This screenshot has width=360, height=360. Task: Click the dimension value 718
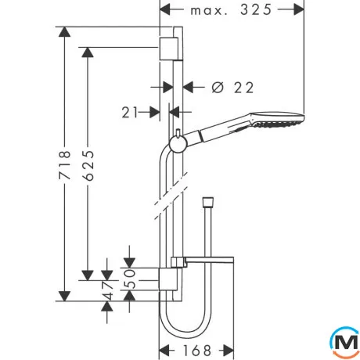(65, 164)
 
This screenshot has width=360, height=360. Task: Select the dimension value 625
(88, 165)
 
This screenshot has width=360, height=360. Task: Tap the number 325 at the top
(256, 10)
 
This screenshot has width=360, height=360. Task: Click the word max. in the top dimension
(209, 11)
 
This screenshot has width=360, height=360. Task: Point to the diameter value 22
(243, 88)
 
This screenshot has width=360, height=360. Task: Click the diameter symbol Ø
(218, 88)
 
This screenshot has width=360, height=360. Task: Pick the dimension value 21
(130, 113)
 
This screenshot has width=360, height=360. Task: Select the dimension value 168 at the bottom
(197, 351)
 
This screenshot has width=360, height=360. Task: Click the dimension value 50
(130, 279)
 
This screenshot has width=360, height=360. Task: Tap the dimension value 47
(107, 290)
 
